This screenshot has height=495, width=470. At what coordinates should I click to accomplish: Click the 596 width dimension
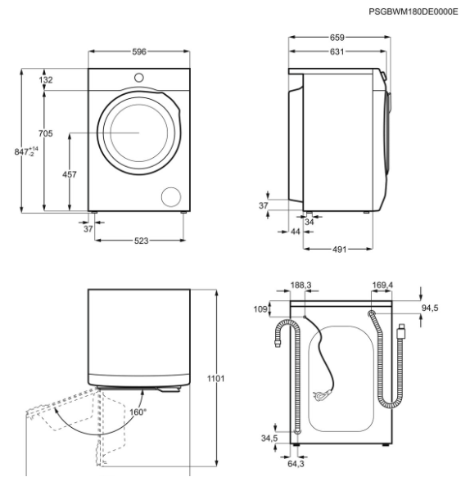coord(139,52)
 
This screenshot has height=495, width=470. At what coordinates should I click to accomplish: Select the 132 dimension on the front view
coord(46,79)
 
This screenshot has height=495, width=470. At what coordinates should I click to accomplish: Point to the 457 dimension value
coord(71,173)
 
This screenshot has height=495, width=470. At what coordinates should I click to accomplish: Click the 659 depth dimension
coord(337,37)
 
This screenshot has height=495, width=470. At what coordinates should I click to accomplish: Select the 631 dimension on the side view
coord(337,52)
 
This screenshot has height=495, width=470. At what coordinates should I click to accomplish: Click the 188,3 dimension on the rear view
coord(301,286)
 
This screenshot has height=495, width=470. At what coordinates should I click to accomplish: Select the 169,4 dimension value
coord(382,286)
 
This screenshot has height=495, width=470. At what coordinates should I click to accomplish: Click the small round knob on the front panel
coord(139,78)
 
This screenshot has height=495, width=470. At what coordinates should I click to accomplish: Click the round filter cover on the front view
coord(171,196)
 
